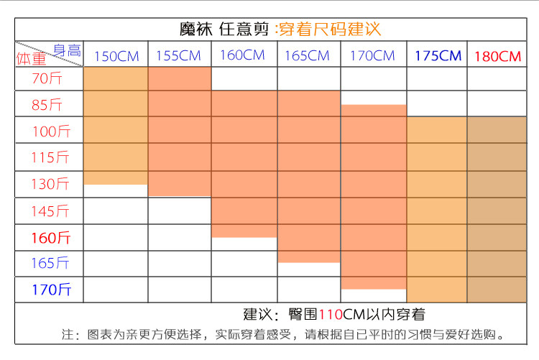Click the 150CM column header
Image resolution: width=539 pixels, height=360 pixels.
115,56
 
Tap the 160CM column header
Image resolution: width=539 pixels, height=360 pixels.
243,55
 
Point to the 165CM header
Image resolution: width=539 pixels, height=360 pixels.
308,56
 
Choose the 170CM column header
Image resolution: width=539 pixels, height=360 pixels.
372,55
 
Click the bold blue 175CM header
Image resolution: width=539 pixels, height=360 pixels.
438,56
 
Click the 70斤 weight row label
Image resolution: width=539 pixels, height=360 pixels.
48,79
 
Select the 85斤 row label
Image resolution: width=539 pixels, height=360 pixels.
49,105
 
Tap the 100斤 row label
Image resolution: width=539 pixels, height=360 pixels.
51,131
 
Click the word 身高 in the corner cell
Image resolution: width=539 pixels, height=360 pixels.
67,50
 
